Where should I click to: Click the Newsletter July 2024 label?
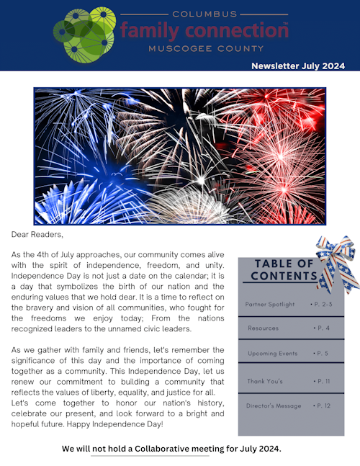pos(298,66)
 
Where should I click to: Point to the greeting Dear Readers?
pos(37,234)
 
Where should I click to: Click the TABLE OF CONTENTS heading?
pos(284,269)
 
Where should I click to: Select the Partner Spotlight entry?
pos(270,305)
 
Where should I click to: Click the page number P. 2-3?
pos(325,305)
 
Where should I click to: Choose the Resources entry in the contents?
pos(264,328)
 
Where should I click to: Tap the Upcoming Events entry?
pos(273,354)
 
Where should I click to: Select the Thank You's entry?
pos(266,380)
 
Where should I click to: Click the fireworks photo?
pos(179,156)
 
